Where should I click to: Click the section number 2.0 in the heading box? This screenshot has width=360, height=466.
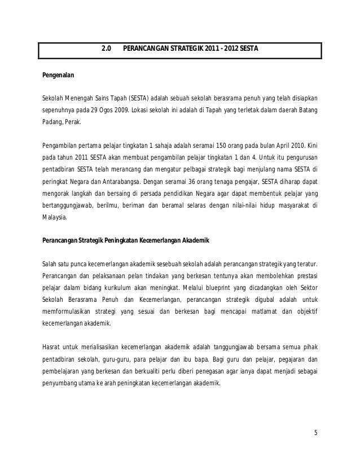106,49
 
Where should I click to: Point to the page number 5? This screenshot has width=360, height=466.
315,433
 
